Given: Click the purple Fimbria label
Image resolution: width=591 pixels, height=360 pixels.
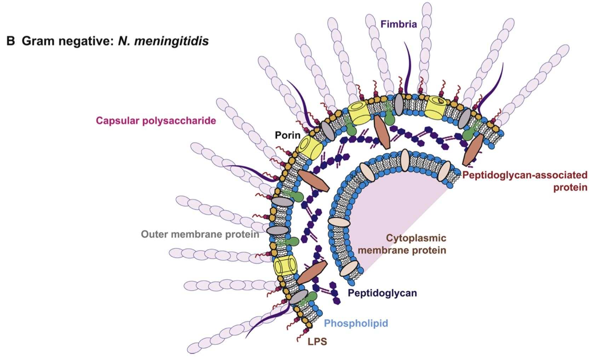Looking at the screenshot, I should point(398,24).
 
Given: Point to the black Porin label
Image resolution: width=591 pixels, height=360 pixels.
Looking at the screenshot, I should point(287,135).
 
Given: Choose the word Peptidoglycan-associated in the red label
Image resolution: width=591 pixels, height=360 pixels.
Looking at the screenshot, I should point(524,175).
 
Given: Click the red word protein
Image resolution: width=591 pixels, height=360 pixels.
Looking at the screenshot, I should point(570,187).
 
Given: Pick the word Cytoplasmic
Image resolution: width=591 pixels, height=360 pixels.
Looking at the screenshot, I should point(416,238).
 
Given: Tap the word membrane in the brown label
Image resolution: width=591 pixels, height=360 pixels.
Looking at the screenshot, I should point(380,250).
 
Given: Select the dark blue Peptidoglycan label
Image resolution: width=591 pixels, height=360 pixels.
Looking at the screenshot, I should point(382,293).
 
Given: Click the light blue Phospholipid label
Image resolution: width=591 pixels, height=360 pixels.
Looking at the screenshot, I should point(356,323).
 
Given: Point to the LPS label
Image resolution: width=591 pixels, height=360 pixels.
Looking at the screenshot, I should point(317,342).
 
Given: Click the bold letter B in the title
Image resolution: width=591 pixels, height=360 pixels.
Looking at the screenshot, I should point(11,41).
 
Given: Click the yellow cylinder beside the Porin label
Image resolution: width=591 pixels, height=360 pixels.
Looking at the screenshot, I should point(309,146).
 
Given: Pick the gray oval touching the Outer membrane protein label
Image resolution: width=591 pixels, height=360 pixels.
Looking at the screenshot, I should point(278,231).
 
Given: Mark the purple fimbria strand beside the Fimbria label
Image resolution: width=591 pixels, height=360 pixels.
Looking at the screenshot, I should point(409,67).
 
